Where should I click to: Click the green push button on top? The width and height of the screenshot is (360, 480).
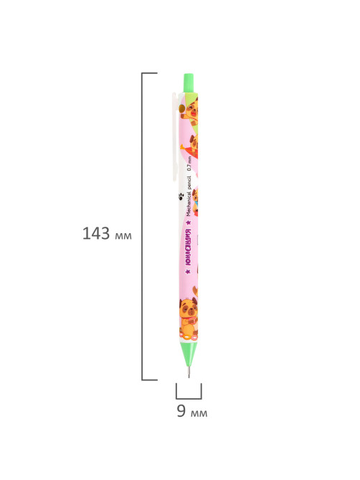tap(189, 83)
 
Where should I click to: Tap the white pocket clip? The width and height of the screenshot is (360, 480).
tap(175, 136)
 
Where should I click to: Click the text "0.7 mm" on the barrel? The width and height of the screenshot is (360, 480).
tap(189, 163)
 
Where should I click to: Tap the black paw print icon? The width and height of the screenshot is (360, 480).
tap(181, 196)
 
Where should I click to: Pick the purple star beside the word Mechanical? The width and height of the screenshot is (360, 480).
tap(189, 222)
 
